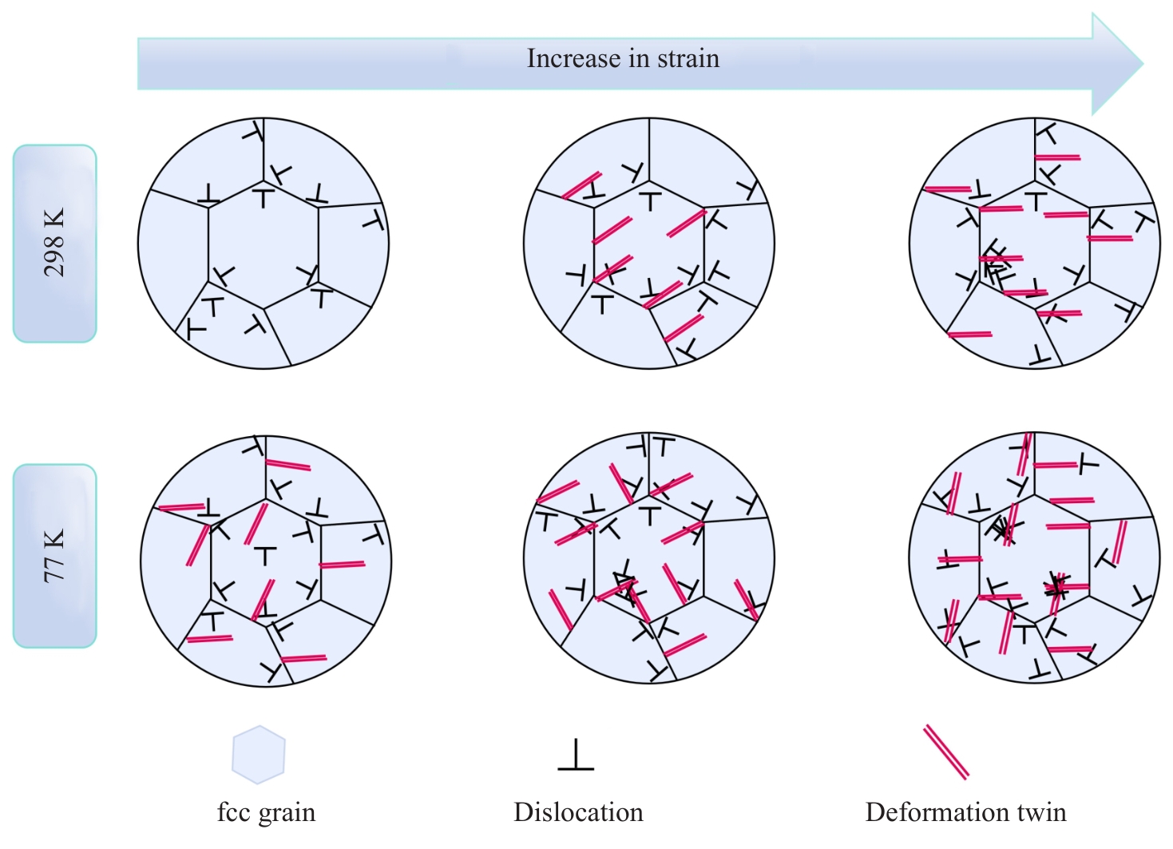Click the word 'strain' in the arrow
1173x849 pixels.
[x=688, y=58]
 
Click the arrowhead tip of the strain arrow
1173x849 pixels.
[x=1143, y=63]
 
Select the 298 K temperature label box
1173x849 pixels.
[x=54, y=244]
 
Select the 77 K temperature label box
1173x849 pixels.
[x=54, y=556]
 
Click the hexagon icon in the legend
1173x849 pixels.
[x=259, y=755]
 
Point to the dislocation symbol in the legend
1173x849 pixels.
[x=576, y=755]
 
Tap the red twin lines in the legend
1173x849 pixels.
[x=946, y=752]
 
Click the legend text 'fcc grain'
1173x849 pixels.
[x=267, y=813]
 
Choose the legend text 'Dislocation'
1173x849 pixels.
[x=579, y=812]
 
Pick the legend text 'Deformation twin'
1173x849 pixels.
[x=966, y=812]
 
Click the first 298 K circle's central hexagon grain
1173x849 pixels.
[x=264, y=246]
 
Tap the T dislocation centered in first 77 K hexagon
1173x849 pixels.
[x=265, y=556]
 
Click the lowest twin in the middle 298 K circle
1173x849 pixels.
[x=684, y=328]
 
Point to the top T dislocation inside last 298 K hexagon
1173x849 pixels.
[x=1036, y=201]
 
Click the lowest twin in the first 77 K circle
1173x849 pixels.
[x=303, y=659]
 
